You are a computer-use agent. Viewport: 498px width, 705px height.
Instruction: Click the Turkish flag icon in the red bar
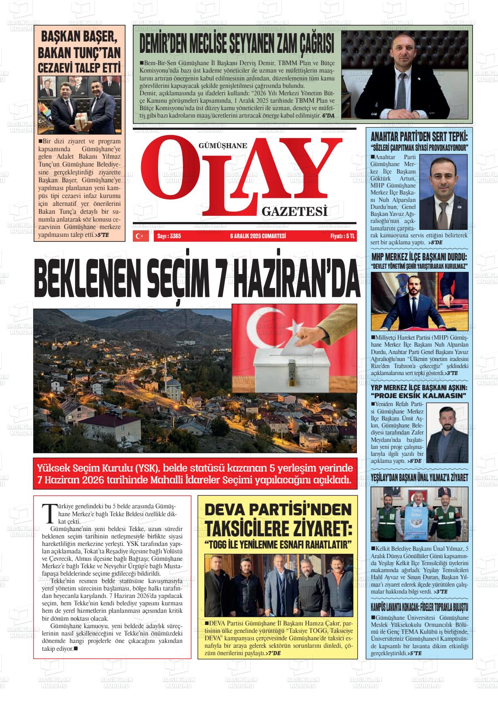click(x=140, y=236)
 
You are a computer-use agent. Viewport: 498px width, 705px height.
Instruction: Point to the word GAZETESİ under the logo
click(x=294, y=212)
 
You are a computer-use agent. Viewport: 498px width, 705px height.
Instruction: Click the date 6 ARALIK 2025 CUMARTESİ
click(x=258, y=236)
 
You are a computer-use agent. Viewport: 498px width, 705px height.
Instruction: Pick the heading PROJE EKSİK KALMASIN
click(x=418, y=396)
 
